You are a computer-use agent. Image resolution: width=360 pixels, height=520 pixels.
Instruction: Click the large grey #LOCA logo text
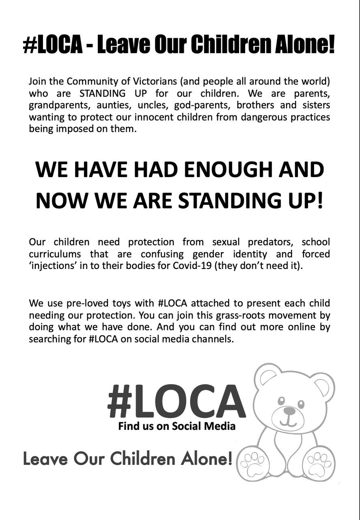pos(177,401)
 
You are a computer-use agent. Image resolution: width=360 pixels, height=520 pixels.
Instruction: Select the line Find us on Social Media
pos(177,426)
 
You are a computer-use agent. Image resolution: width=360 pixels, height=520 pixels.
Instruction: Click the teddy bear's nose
pos(289,411)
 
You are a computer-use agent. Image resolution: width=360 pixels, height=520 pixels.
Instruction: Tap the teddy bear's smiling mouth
pos(289,421)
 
